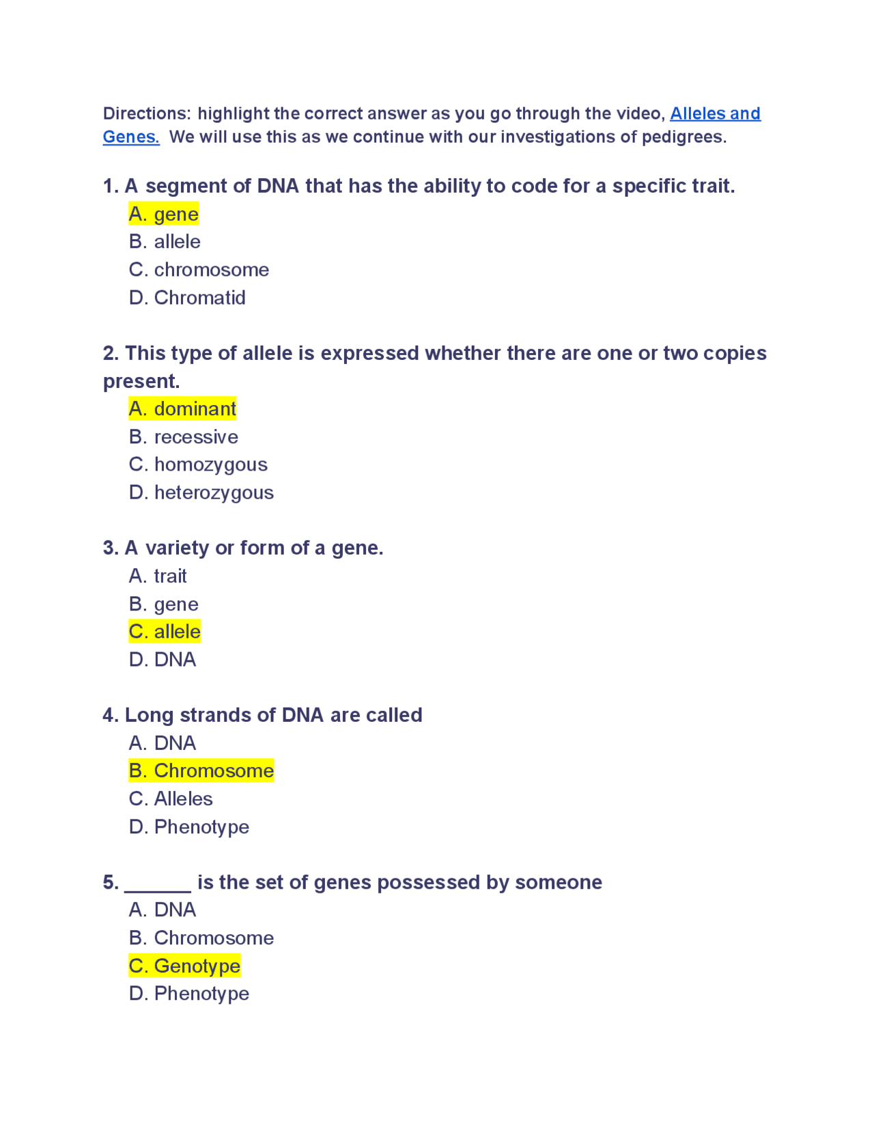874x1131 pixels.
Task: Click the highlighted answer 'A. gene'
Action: pyautogui.click(x=164, y=214)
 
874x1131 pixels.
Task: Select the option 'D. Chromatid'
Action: pyautogui.click(x=187, y=298)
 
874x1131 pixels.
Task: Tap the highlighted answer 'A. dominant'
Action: pyautogui.click(x=182, y=409)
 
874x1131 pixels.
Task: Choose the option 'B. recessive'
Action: pyautogui.click(x=184, y=437)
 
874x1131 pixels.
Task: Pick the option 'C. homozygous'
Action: pyautogui.click(x=198, y=465)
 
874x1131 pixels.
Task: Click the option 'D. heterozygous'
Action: pyautogui.click(x=201, y=493)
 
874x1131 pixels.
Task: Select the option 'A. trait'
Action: pyautogui.click(x=158, y=576)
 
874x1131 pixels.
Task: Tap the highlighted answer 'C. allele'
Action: pyautogui.click(x=165, y=632)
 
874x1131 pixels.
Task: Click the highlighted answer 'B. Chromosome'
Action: pyautogui.click(x=201, y=771)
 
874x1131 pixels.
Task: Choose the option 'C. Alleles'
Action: pyautogui.click(x=171, y=799)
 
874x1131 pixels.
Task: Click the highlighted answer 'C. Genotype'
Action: pyautogui.click(x=184, y=966)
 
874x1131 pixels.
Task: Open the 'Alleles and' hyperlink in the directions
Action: pyautogui.click(x=715, y=113)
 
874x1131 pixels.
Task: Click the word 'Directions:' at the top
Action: pyautogui.click(x=147, y=113)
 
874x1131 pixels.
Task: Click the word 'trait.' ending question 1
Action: pyautogui.click(x=710, y=186)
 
